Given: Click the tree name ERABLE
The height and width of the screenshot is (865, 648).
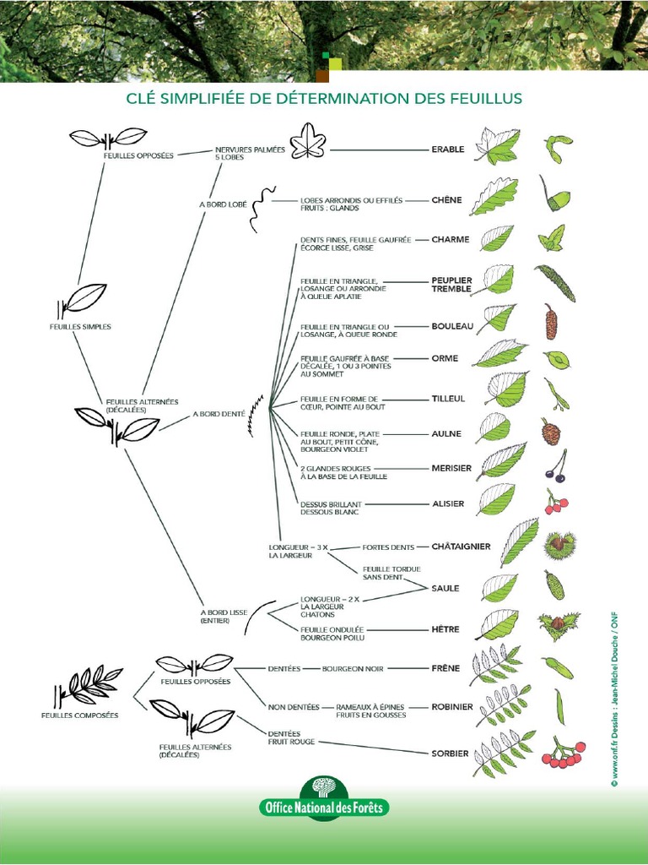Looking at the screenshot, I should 448,150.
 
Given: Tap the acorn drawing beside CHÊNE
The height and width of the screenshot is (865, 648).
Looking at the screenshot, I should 555,198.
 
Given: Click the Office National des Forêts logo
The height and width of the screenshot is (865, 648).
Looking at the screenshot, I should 324,799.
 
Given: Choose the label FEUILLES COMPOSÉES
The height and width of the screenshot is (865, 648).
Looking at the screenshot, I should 79,715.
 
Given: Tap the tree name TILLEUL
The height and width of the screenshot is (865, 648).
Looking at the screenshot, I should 450,399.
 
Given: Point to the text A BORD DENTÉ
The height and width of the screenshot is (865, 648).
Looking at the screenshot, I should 219,414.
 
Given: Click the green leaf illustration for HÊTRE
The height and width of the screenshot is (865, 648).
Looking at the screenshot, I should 497,624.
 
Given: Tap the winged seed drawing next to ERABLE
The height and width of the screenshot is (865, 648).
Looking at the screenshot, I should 556,149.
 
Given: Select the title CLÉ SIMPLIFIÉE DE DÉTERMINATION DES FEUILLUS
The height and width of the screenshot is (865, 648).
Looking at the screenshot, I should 324,99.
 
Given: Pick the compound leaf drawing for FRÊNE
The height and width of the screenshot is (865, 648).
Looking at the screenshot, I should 495,665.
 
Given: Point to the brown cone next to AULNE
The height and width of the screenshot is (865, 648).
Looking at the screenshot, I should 550,432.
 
